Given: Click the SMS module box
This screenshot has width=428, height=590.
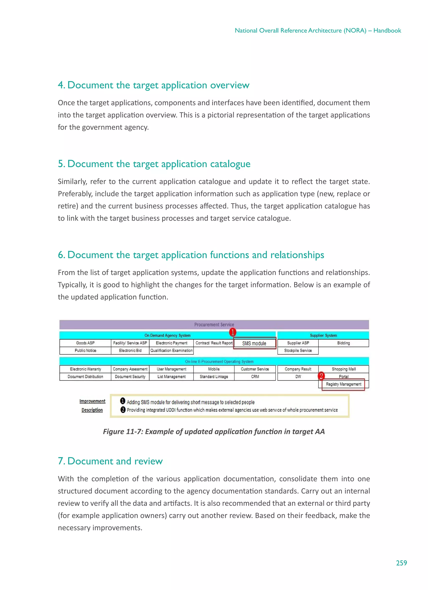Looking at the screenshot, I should tap(254, 343).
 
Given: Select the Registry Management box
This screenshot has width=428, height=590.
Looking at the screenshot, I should tap(343, 384).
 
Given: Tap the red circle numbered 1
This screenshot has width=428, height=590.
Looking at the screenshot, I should tap(232, 332).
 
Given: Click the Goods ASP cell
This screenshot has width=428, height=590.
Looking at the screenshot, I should tap(85, 343).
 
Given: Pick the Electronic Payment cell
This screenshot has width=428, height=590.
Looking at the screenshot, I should tap(171, 343).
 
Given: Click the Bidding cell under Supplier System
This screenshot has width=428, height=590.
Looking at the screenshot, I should tap(343, 343).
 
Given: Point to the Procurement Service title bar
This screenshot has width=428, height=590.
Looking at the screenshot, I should tap(214, 324).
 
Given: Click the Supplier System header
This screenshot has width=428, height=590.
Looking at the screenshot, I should tap(323, 335).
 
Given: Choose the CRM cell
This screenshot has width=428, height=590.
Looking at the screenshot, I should tap(255, 376).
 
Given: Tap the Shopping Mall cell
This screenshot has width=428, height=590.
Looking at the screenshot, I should tap(343, 369).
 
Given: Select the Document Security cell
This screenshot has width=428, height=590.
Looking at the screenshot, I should tap(130, 376).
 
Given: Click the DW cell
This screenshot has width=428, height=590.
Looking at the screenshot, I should tap(298, 376).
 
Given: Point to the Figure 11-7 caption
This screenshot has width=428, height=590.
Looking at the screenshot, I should tap(214, 432).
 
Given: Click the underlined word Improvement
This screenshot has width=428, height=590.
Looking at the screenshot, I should tap(92, 401).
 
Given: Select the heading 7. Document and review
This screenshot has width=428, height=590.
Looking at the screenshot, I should tap(110, 461).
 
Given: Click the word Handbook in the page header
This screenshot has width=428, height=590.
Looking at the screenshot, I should tap(387, 31).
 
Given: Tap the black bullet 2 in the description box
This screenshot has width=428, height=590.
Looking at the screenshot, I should tap(123, 410).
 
